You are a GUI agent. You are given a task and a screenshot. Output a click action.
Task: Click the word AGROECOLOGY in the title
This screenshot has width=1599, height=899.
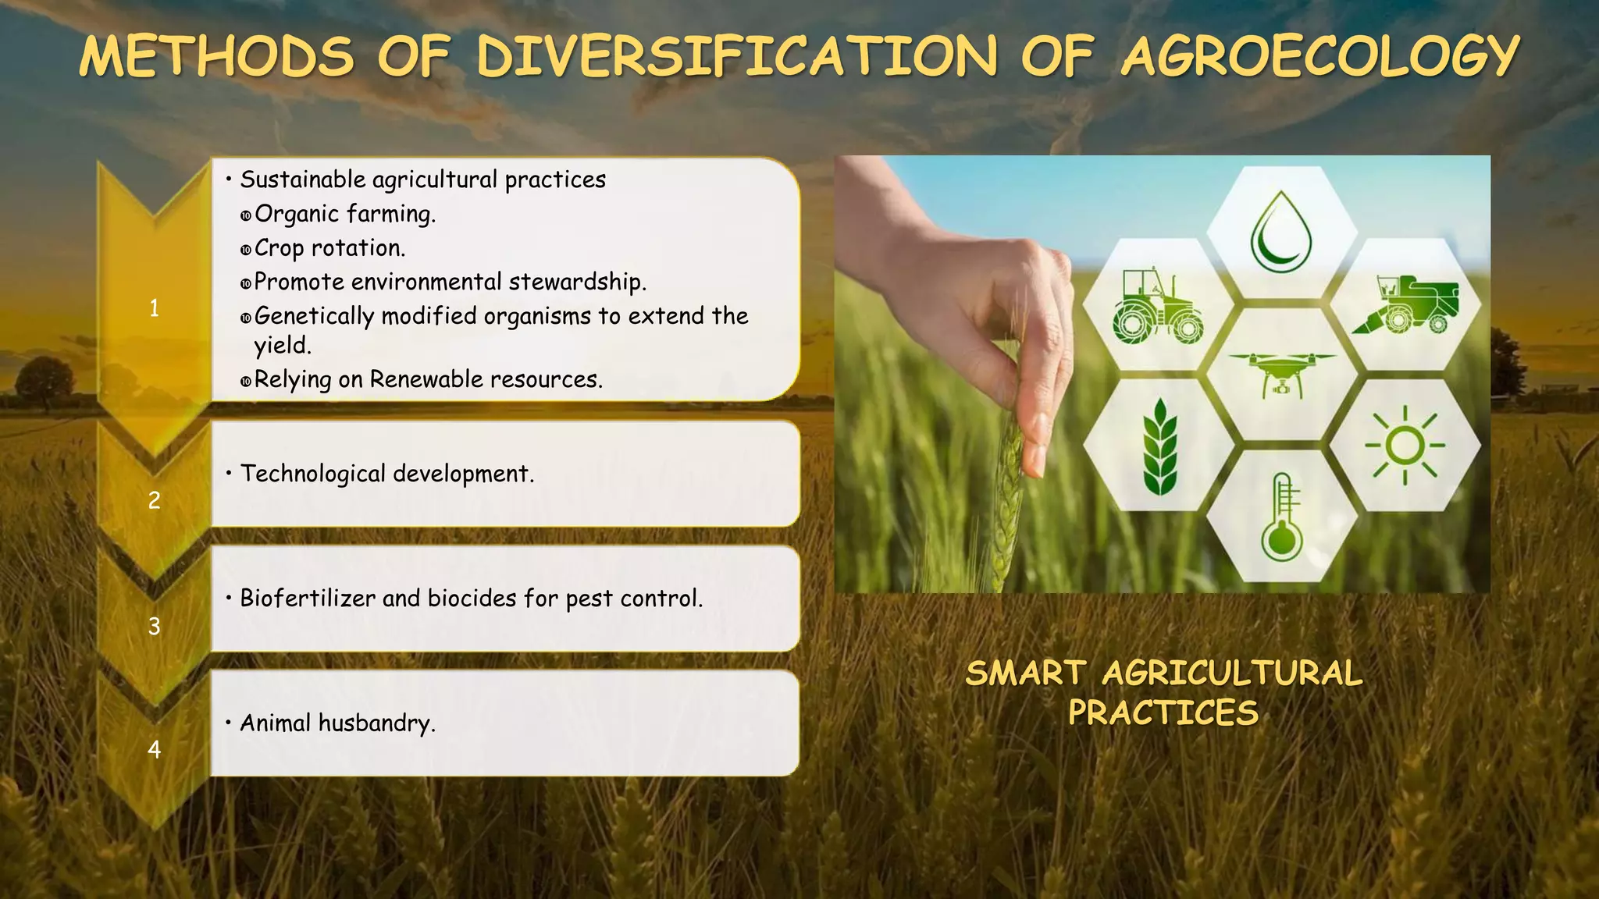[x=1319, y=58]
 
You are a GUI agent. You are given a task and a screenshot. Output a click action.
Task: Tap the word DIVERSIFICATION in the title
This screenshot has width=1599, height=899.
[x=736, y=58]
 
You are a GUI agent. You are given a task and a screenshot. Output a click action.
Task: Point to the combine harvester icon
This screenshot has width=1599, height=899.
[x=1405, y=304]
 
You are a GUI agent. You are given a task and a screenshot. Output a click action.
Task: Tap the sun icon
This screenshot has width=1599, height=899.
[x=1405, y=446]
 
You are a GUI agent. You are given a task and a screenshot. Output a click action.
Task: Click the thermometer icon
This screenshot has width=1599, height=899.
[x=1282, y=516]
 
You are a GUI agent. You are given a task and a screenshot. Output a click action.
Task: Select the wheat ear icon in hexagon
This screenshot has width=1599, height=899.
[x=1159, y=446]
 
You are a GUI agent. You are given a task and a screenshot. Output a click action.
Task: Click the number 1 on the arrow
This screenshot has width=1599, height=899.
[x=154, y=308]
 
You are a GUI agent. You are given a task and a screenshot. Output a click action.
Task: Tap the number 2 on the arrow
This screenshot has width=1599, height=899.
[x=154, y=500]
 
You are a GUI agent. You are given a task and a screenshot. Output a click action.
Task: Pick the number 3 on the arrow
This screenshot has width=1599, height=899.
[x=154, y=626]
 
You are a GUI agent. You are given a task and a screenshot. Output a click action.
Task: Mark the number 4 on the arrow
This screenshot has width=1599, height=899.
[x=154, y=749]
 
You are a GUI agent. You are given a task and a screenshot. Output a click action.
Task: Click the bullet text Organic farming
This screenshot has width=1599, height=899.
[x=344, y=214]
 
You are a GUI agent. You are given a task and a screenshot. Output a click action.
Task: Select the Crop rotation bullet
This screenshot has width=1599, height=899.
[x=329, y=248]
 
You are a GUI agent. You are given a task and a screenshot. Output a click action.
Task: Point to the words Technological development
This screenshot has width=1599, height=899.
[x=386, y=474]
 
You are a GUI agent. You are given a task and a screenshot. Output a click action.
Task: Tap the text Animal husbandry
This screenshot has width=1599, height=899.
[x=337, y=723]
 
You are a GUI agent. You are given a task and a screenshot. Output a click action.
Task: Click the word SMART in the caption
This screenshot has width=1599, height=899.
[x=1025, y=673]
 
